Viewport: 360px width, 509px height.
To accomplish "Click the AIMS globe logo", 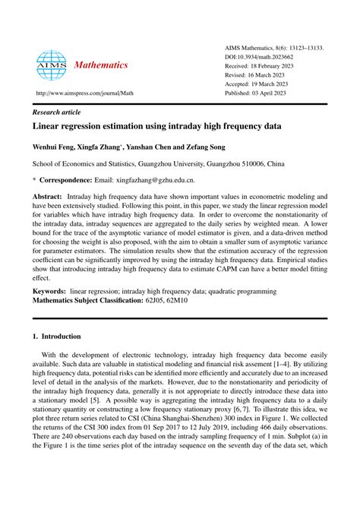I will (52, 65).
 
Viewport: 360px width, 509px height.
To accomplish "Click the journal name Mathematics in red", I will (101, 65).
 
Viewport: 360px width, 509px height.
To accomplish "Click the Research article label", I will (58, 112).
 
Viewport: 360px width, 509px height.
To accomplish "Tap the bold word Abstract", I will (48, 195).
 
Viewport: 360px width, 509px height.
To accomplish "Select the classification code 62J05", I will (172, 301).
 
